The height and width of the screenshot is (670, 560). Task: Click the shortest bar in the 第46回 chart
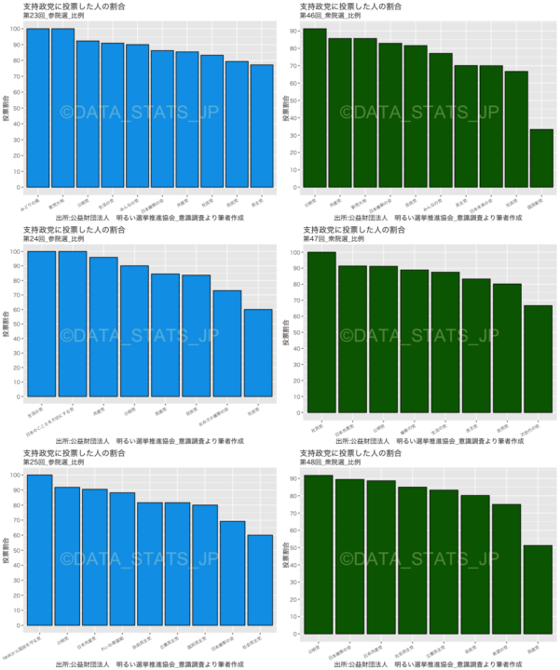pyautogui.click(x=541, y=157)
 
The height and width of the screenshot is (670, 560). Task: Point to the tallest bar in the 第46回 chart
pyautogui.click(x=315, y=107)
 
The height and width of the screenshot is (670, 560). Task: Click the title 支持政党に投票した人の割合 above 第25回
pyautogui.click(x=75, y=453)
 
